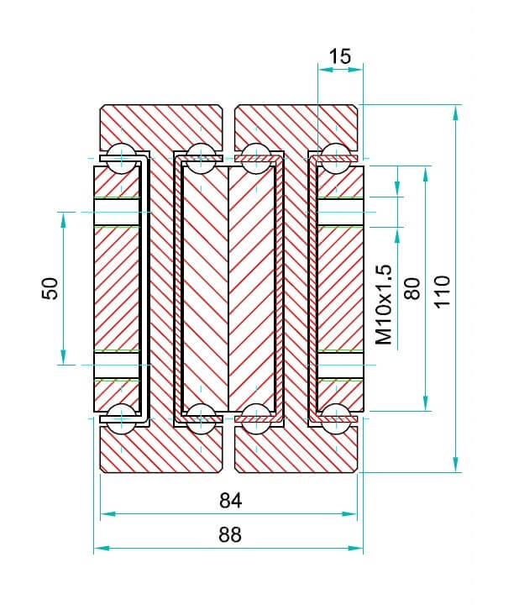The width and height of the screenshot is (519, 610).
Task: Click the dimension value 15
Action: (x=340, y=56)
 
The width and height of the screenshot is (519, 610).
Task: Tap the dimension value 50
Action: (x=50, y=288)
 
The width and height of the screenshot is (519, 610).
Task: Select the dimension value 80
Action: (x=412, y=288)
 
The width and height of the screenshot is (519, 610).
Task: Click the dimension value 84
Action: (x=230, y=501)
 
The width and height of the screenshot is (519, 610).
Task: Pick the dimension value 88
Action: (x=229, y=535)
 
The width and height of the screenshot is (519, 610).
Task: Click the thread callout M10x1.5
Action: (x=384, y=304)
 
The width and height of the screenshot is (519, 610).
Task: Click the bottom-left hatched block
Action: (x=161, y=450)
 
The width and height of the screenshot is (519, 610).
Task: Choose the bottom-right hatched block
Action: (x=297, y=450)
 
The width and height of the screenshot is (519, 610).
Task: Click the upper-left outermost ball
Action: (x=123, y=155)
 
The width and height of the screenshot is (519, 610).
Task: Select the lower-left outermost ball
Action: (x=123, y=414)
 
